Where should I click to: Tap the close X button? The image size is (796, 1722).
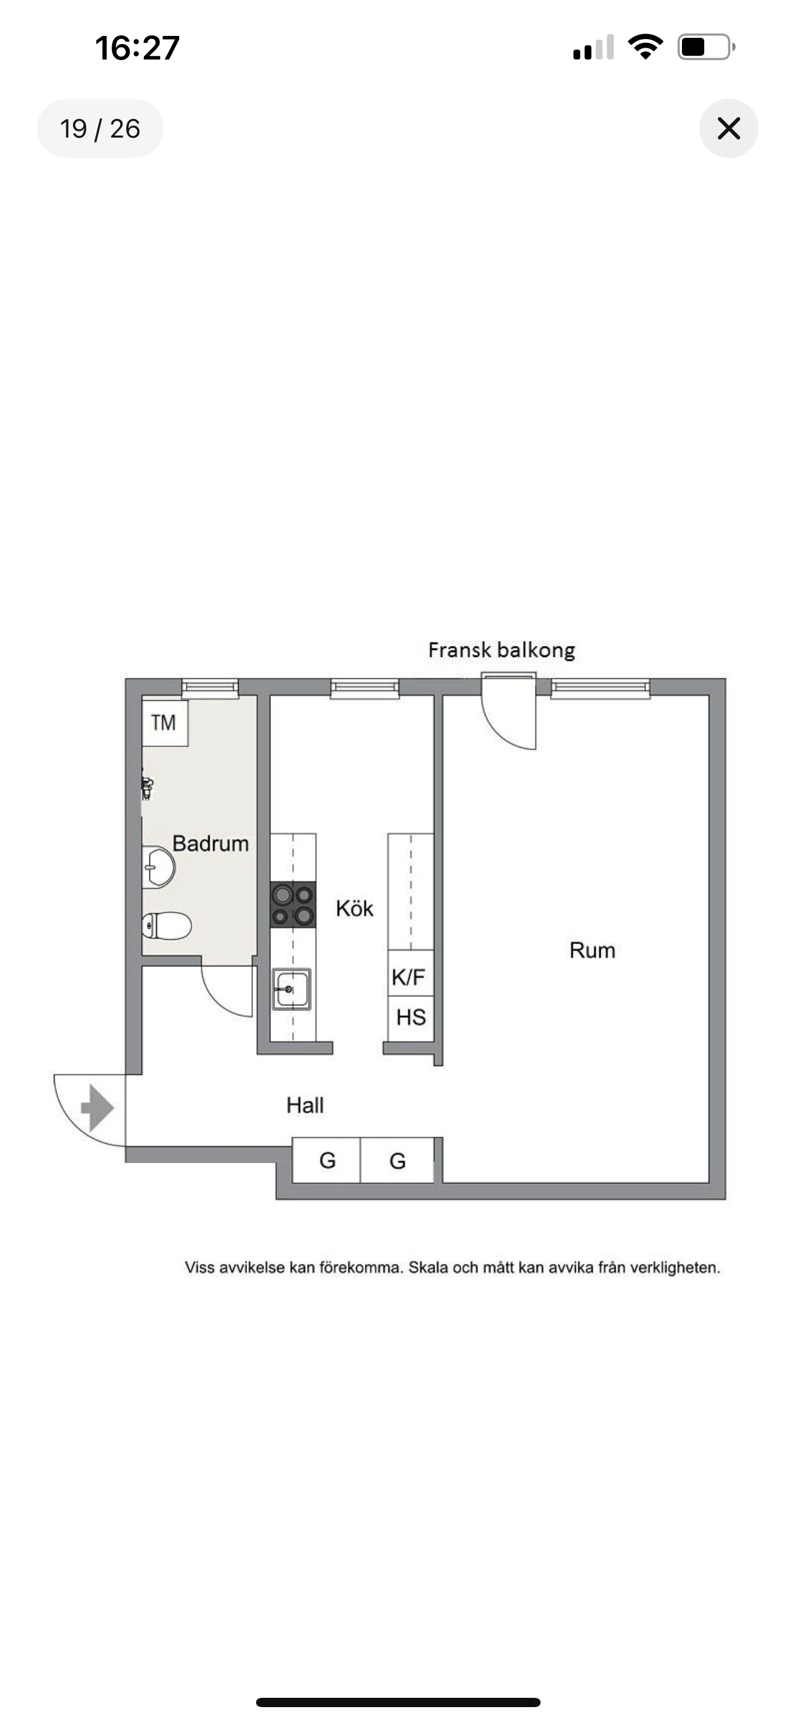click(x=728, y=128)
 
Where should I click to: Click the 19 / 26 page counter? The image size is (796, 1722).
click(x=100, y=128)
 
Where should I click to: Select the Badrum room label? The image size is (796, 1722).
click(x=211, y=844)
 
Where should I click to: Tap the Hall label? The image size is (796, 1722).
click(x=305, y=1105)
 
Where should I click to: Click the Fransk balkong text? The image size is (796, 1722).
click(x=502, y=650)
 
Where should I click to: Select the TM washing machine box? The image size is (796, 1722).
click(x=164, y=722)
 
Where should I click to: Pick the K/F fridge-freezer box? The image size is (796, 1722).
click(x=410, y=977)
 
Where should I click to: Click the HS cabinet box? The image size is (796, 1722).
click(x=410, y=1018)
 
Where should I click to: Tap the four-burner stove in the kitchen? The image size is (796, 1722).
click(x=293, y=904)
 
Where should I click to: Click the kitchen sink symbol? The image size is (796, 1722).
click(x=291, y=989)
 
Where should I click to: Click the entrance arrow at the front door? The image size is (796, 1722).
click(x=97, y=1108)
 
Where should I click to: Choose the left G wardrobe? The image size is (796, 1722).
click(x=327, y=1160)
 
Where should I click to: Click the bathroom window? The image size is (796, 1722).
click(x=210, y=688)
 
